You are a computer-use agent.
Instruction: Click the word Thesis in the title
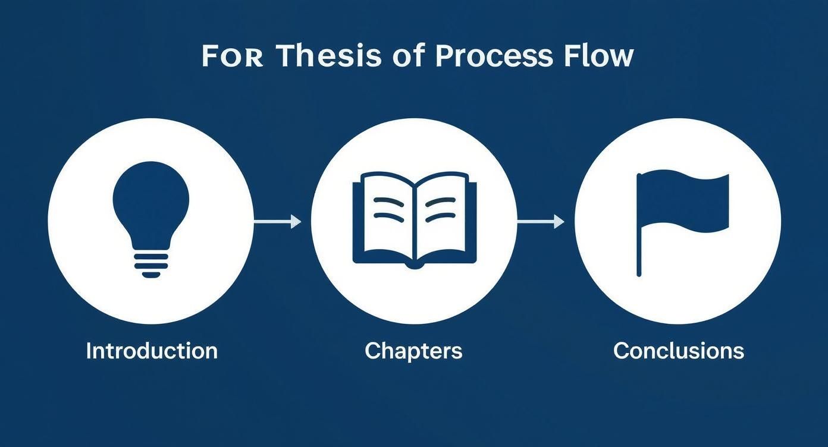point(329,56)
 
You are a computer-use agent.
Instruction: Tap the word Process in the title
point(494,56)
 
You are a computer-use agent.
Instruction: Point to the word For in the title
point(232,56)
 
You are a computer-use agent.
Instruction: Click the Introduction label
point(152,351)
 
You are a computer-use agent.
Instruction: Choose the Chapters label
point(413,351)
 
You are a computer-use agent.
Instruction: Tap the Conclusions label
point(679,351)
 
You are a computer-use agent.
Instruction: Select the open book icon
point(414,219)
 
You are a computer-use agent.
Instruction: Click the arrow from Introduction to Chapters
point(277,222)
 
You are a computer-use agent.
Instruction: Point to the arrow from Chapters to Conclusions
point(540,222)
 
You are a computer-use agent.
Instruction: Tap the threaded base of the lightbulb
point(151,264)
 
